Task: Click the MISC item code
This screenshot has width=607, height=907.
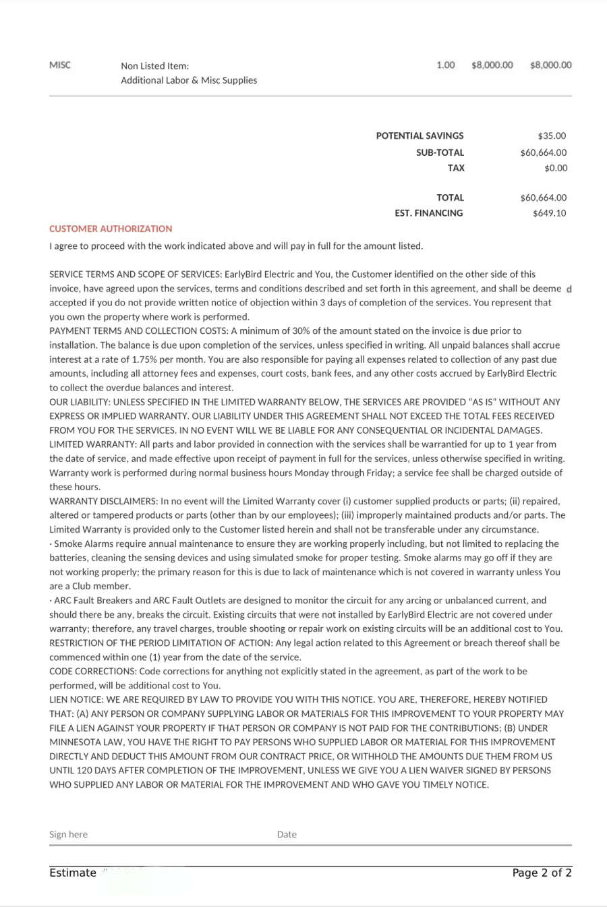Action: point(60,65)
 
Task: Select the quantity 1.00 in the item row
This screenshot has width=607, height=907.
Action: point(446,65)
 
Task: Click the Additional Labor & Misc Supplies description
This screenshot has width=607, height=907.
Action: point(189,80)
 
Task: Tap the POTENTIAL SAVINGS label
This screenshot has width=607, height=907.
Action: point(420,136)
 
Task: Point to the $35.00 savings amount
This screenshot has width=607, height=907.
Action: point(552,136)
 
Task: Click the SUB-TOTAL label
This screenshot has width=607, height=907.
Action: point(440,153)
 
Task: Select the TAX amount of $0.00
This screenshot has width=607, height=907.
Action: point(556,169)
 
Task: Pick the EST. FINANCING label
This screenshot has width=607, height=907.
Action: point(429,214)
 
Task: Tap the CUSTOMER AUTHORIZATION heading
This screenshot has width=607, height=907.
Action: point(111,229)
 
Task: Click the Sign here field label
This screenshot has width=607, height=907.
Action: point(68,835)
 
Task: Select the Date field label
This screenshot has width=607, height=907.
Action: point(287,835)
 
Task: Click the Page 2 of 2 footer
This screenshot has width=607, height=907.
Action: point(542,873)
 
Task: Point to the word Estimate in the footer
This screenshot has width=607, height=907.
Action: point(73,873)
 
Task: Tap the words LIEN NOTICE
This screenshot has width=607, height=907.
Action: point(75,700)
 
